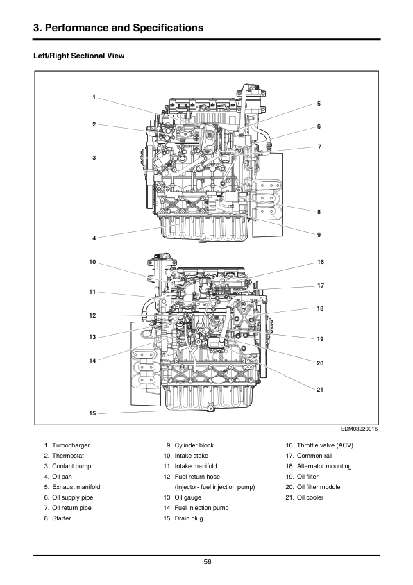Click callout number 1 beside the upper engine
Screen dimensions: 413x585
(94, 97)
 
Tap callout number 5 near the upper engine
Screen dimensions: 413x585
(319, 104)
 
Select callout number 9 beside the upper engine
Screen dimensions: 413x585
(319, 235)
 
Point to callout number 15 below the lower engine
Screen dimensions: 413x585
(92, 413)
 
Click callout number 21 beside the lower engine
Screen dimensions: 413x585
(320, 390)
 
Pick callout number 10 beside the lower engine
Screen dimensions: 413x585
(92, 262)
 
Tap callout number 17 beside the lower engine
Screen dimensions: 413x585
(321, 286)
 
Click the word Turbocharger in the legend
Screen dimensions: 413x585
(71, 445)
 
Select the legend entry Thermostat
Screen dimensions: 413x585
(68, 456)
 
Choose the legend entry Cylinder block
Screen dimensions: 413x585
(194, 445)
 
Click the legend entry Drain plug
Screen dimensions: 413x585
(189, 518)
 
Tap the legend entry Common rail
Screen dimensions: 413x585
(314, 456)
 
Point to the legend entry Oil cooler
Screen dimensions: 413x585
(310, 497)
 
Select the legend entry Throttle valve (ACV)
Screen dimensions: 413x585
(325, 445)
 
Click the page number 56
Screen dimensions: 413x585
(208, 562)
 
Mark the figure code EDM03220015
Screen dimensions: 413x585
(360, 429)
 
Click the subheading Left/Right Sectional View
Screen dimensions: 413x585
(78, 56)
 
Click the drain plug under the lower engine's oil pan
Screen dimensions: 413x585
(210, 409)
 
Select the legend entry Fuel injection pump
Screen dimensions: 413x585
(201, 508)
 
